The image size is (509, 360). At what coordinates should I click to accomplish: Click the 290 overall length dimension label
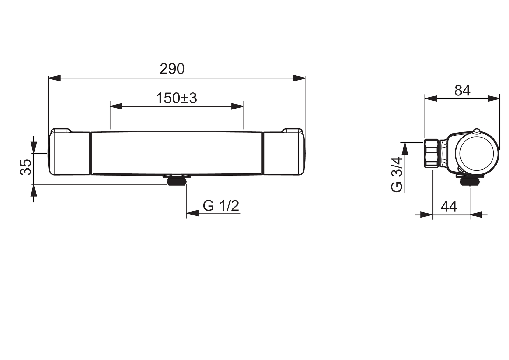172,69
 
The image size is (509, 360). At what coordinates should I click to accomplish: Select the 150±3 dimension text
176,98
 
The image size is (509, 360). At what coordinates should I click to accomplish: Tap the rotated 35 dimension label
26,167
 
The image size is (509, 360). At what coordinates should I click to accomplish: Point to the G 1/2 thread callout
221,206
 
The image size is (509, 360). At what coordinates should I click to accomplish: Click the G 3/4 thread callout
396,174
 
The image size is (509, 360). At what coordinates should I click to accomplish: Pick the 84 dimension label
463,90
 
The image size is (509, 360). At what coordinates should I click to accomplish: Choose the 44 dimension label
449,207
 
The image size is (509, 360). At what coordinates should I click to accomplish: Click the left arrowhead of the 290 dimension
55,78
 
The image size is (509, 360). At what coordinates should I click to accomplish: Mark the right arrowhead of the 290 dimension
299,78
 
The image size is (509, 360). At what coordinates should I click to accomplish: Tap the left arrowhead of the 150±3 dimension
116,106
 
